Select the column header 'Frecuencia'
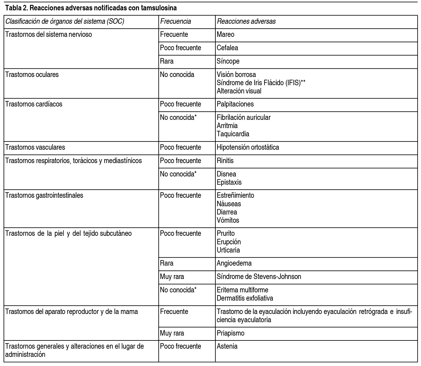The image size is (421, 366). (175, 21)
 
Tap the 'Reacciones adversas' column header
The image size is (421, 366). (246, 21)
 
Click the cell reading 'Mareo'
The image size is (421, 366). (225, 34)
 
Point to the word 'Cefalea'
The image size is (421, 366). (227, 48)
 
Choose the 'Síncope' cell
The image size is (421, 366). (228, 61)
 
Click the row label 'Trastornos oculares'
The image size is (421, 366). (32, 75)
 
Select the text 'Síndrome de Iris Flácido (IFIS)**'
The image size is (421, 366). (261, 83)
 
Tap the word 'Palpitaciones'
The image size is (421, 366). (235, 104)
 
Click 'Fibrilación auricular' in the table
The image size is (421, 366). (243, 117)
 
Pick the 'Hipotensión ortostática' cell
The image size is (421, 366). (248, 147)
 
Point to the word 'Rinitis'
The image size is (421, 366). (225, 161)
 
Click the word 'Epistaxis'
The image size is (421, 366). (229, 182)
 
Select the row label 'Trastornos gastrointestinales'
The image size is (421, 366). (44, 195)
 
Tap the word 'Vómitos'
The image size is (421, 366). (228, 220)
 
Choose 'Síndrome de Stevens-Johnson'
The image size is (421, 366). (259, 277)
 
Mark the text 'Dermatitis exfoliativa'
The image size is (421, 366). (245, 298)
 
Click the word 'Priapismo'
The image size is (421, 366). (230, 333)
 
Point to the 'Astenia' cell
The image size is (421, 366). (227, 346)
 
